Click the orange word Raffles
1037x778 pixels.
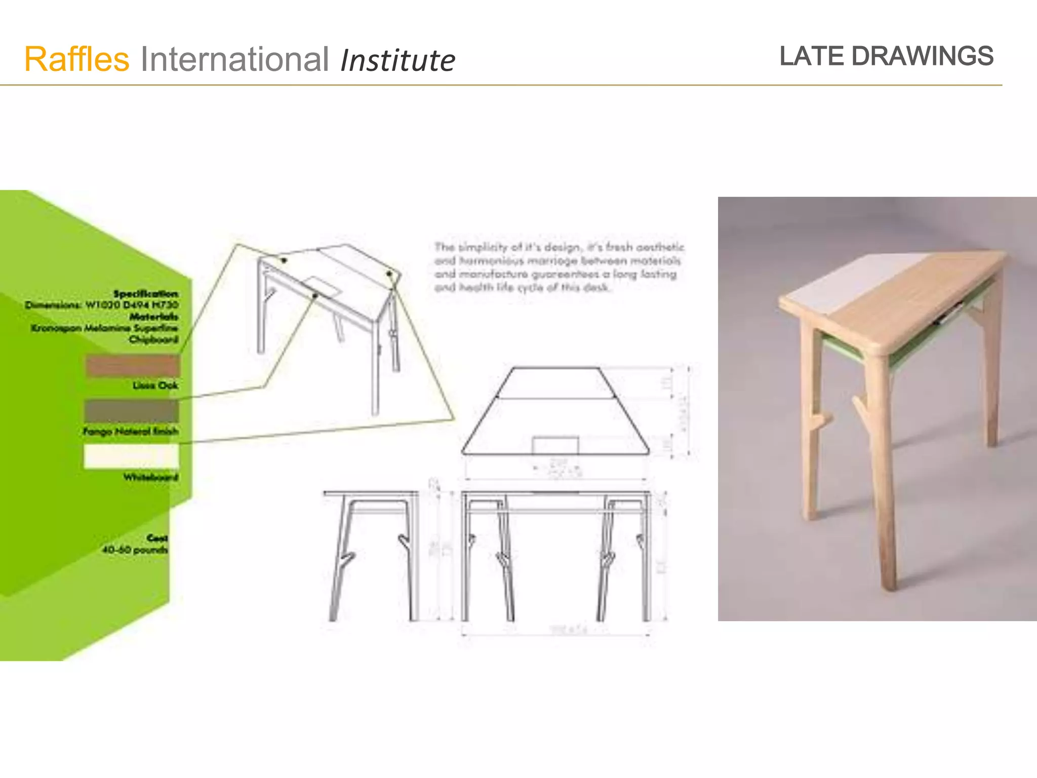click(77, 60)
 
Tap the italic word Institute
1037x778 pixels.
click(397, 61)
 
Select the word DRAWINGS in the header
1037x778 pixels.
click(922, 56)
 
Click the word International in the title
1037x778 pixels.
click(234, 60)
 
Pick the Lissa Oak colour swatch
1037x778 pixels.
click(133, 366)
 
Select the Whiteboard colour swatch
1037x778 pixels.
click(132, 456)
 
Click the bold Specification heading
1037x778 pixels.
click(146, 294)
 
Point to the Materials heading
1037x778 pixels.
click(154, 317)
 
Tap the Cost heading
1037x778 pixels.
click(157, 538)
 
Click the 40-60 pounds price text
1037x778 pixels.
click(134, 550)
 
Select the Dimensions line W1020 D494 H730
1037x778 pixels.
click(102, 305)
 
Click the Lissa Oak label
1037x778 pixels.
click(155, 385)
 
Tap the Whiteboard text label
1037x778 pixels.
click(150, 477)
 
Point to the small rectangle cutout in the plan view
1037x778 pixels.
click(555, 445)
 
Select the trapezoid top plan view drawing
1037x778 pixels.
click(555, 411)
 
